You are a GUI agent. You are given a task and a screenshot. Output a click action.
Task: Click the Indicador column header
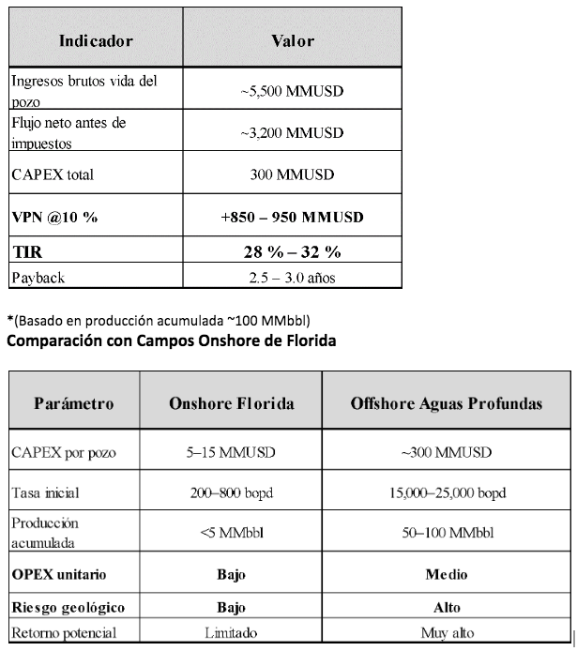point(96,41)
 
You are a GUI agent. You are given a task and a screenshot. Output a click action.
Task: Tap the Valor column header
point(292,41)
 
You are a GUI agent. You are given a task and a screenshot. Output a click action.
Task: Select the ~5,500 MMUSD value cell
point(292,92)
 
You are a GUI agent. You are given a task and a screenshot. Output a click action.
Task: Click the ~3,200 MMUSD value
point(292,134)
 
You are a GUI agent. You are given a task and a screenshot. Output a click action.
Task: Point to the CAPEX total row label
point(53,175)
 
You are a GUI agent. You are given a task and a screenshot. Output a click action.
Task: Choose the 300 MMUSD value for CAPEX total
point(292,175)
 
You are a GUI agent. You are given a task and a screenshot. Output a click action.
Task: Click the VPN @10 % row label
point(54,217)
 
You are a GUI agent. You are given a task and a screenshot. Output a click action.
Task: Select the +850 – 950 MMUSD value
point(292,217)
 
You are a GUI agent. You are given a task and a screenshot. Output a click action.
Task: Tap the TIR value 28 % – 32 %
point(292,251)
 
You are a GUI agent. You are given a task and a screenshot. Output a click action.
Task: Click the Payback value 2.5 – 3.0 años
point(292,279)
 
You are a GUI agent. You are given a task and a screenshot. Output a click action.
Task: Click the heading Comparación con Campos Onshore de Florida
point(172,341)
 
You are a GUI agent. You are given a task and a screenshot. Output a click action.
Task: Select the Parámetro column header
point(74,404)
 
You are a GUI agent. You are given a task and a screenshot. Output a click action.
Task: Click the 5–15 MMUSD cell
point(231,454)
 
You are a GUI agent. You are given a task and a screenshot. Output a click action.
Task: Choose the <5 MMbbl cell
point(231,534)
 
